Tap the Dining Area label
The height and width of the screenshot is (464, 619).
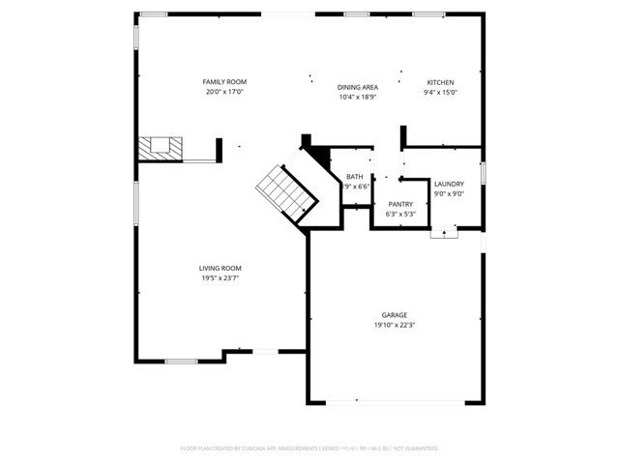tap(357, 86)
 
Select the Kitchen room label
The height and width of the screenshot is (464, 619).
tap(441, 82)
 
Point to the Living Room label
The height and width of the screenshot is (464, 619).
tap(220, 268)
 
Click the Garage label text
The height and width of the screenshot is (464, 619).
tap(394, 315)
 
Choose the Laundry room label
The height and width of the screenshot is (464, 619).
tap(449, 184)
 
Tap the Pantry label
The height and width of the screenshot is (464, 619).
tap(400, 204)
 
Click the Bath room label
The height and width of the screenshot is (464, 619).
tap(355, 177)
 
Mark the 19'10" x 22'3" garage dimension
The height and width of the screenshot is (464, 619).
tap(394, 326)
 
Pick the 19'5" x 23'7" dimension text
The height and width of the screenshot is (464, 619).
tap(220, 278)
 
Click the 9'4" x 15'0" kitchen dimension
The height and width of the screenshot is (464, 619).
tap(441, 93)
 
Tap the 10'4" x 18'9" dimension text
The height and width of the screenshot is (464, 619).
tap(357, 97)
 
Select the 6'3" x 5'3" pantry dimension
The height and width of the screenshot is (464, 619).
tap(400, 214)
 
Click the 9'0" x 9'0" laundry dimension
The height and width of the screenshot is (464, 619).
tap(449, 193)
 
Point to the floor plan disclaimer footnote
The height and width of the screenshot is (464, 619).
tap(309, 449)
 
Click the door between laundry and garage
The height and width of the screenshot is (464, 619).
tap(444, 231)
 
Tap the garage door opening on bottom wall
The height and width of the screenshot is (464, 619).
tap(394, 401)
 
